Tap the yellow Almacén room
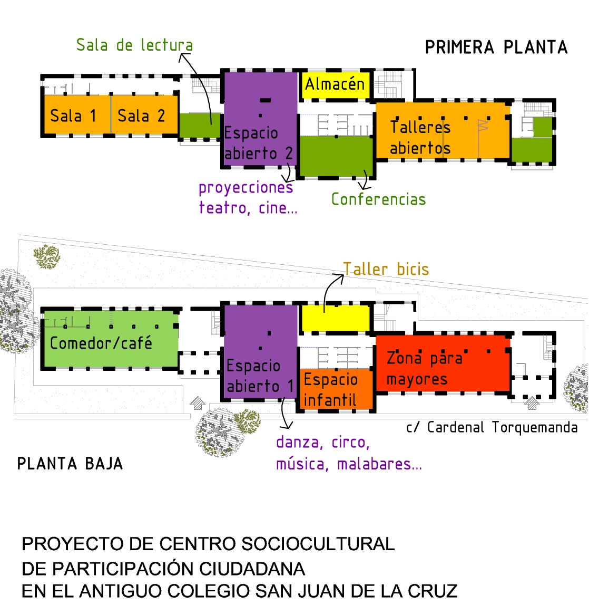(335, 84)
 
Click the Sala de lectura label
(134, 45)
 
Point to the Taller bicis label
(386, 269)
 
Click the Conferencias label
(378, 199)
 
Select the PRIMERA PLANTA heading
(496, 47)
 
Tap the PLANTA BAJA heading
(70, 464)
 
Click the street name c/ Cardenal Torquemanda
(492, 427)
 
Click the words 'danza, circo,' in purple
(323, 442)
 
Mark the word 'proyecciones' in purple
(246, 188)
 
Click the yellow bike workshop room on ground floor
(335, 318)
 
